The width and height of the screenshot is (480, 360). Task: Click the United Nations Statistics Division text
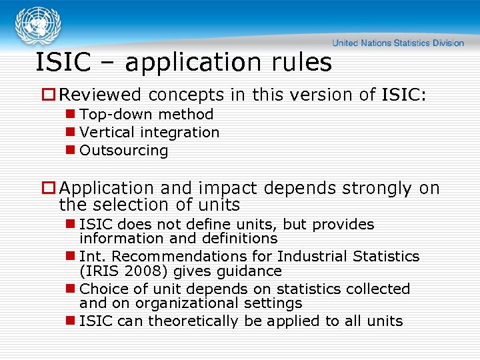[398, 43]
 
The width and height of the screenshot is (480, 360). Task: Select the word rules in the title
[301, 63]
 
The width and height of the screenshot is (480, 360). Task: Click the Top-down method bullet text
[146, 115]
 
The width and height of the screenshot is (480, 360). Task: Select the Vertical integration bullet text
[149, 133]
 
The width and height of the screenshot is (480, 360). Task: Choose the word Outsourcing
[124, 151]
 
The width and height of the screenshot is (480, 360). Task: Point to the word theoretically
[192, 321]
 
